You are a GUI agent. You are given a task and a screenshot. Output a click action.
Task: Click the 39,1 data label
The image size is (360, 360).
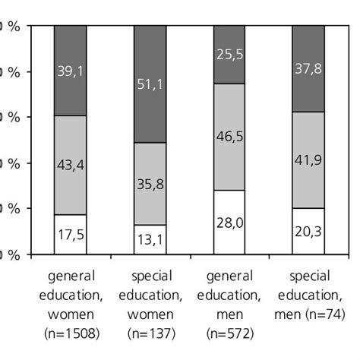(x=70, y=71)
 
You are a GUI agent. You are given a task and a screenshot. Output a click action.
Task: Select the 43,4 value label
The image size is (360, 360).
(x=70, y=164)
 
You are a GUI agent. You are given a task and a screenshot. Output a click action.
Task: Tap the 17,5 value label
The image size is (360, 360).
(x=70, y=235)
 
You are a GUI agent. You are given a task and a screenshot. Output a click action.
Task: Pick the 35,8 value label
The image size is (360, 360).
(x=150, y=183)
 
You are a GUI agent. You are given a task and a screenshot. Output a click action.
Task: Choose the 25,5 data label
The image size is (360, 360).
(x=229, y=53)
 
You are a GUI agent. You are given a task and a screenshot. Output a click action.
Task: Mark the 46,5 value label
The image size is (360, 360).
(x=229, y=136)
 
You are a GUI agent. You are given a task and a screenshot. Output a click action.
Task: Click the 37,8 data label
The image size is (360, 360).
(x=309, y=68)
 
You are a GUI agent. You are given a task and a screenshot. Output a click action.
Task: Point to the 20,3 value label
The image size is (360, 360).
(x=309, y=231)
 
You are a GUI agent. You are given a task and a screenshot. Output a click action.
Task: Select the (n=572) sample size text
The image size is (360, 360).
(x=229, y=333)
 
